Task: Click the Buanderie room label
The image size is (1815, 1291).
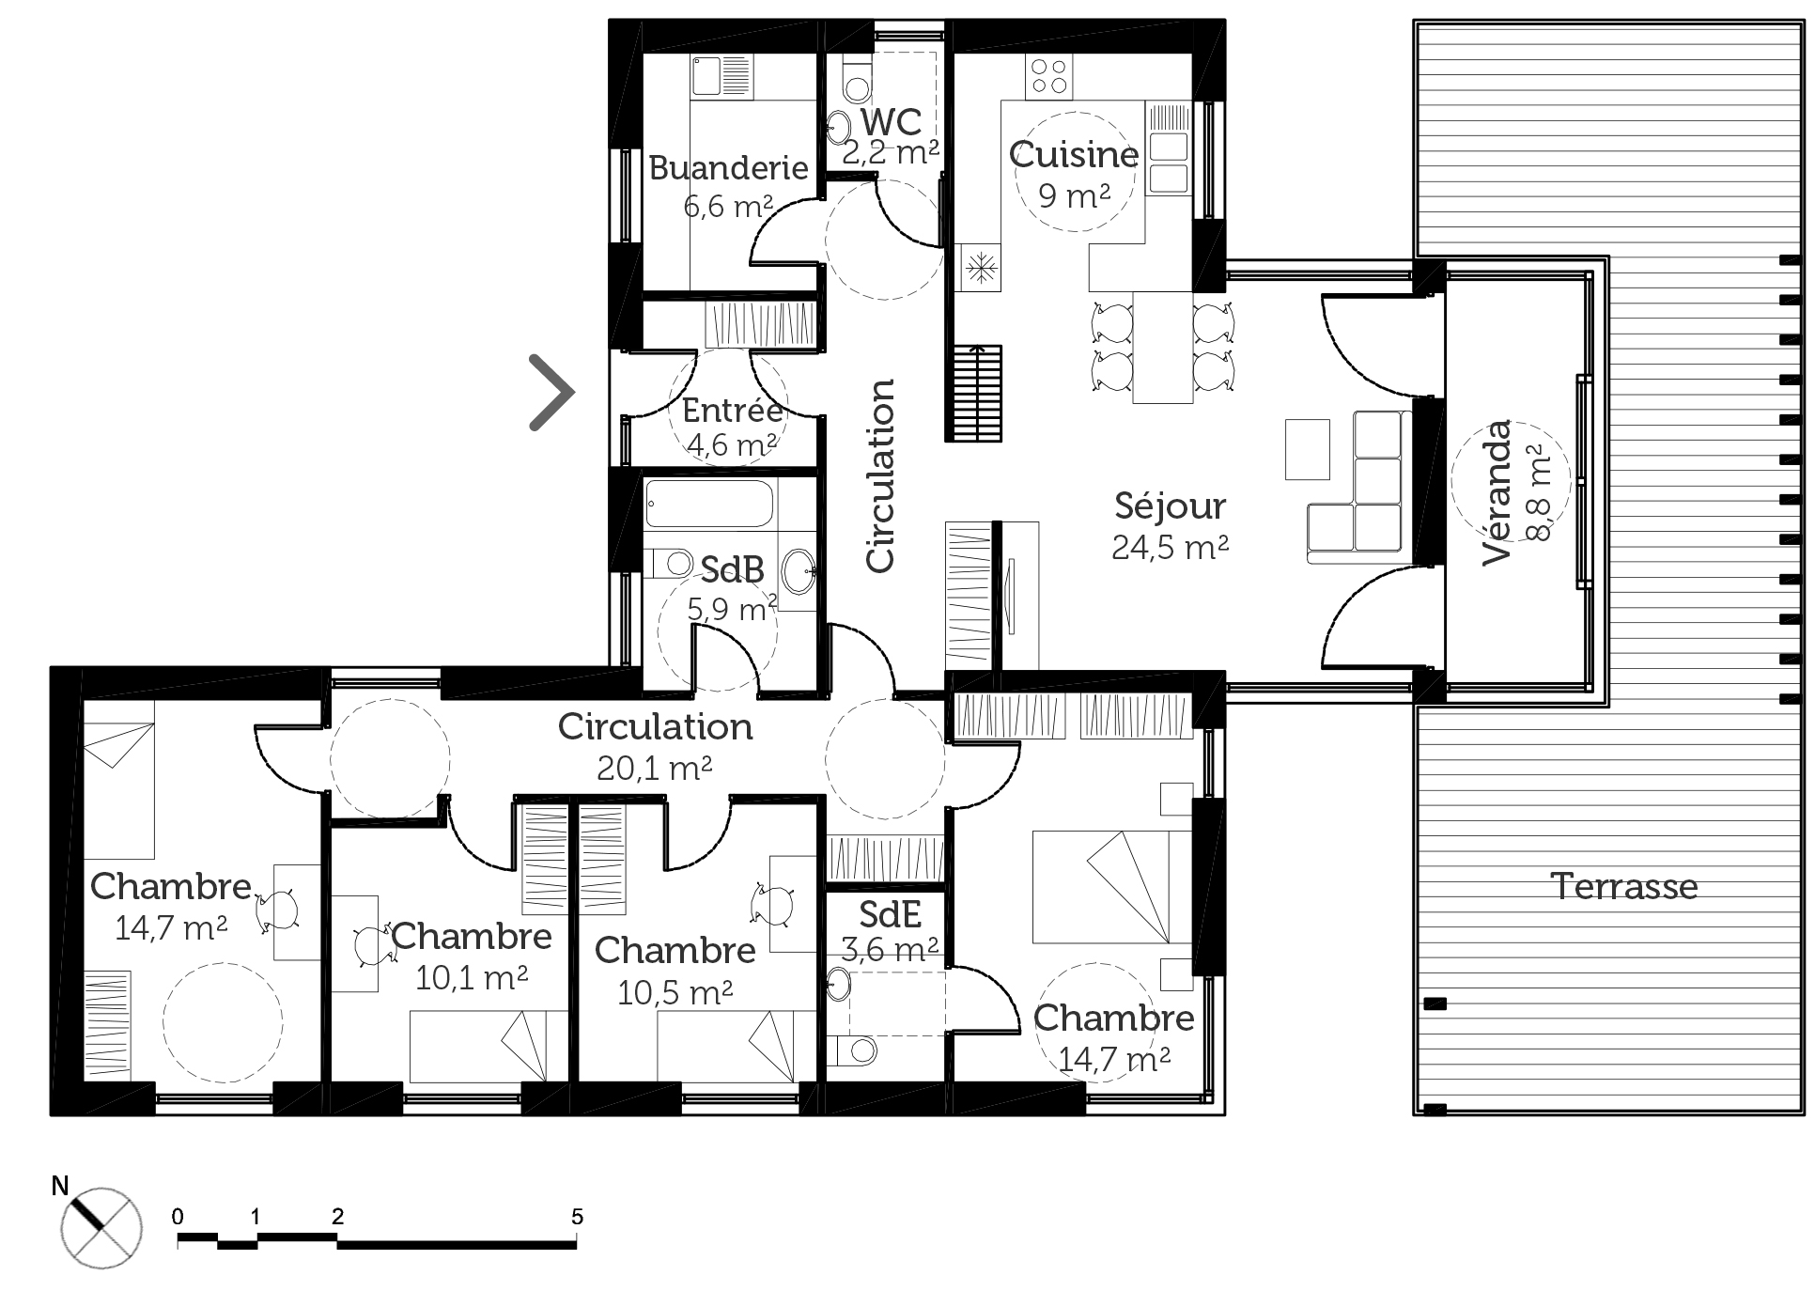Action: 728,168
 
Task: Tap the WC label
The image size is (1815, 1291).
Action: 891,121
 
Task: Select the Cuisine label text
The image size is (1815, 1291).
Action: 1074,155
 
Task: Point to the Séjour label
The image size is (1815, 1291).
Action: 1170,506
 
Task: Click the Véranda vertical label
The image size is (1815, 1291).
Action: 1497,491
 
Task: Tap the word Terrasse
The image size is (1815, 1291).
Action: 1624,886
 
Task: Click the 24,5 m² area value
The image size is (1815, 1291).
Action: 1170,547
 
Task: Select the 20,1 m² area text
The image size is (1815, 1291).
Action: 655,769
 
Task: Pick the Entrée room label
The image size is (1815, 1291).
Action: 732,410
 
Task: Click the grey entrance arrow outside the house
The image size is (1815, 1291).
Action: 553,392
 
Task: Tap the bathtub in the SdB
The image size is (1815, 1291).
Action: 709,505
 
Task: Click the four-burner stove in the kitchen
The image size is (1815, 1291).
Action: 1049,76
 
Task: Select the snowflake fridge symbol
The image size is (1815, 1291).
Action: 981,267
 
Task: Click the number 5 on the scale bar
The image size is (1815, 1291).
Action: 577,1217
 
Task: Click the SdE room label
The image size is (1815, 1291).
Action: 890,913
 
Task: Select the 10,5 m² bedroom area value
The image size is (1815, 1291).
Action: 675,992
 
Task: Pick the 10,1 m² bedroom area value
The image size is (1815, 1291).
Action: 471,978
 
